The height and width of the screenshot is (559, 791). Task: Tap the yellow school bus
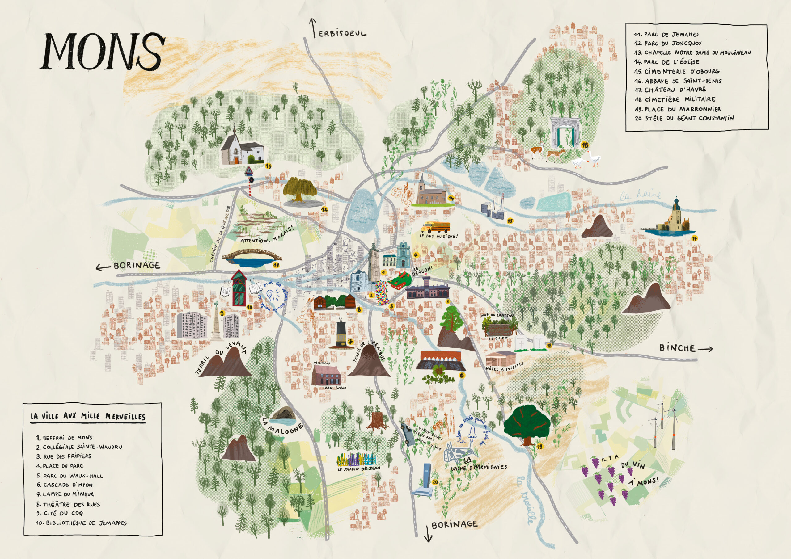(x=436, y=227)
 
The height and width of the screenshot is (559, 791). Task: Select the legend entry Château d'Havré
(x=670, y=90)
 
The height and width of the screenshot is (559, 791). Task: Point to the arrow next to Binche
(x=705, y=349)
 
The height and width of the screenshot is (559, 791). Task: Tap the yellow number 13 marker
(x=268, y=166)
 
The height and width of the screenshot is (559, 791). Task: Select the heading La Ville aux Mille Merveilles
(x=88, y=416)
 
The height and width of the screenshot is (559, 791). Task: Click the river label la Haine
(x=640, y=195)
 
